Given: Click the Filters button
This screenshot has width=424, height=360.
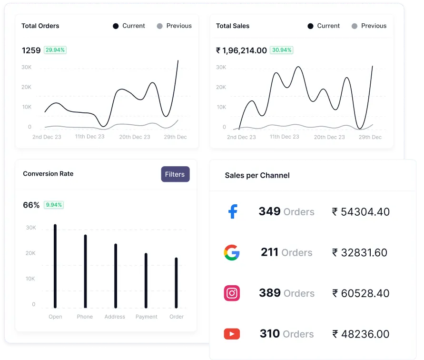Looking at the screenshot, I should (x=175, y=174).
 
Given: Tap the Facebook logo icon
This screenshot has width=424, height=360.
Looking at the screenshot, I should (x=232, y=211).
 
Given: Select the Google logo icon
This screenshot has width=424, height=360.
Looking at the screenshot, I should (x=232, y=252).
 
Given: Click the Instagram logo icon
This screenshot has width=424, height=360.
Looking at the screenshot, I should (x=232, y=293).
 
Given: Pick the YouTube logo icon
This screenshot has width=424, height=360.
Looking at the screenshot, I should (x=232, y=334).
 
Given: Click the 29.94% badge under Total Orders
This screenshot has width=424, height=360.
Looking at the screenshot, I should (x=55, y=50).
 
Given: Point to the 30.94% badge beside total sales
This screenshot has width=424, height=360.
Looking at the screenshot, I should (x=281, y=50).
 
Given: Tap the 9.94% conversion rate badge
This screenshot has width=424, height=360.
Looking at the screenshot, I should (x=54, y=205).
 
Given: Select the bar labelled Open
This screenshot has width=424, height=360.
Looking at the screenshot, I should (x=55, y=266).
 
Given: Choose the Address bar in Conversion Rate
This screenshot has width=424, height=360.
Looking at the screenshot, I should (x=116, y=276).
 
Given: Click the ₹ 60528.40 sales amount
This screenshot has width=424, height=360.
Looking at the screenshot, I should (x=361, y=293).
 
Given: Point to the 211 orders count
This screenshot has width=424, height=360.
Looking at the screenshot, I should (x=269, y=252).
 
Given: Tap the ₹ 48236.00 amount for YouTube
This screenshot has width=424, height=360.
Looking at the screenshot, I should (x=361, y=334).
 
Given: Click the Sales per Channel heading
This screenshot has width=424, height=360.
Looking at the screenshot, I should (x=257, y=175).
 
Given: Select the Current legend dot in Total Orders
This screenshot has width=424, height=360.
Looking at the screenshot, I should (x=116, y=26).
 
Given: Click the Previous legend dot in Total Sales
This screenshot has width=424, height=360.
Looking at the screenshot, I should (x=354, y=26).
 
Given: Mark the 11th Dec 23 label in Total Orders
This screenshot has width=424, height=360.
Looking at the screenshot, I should (x=89, y=137).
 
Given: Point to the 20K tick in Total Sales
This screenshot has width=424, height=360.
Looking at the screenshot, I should (x=221, y=87).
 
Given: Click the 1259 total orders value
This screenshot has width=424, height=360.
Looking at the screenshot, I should (x=31, y=50).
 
